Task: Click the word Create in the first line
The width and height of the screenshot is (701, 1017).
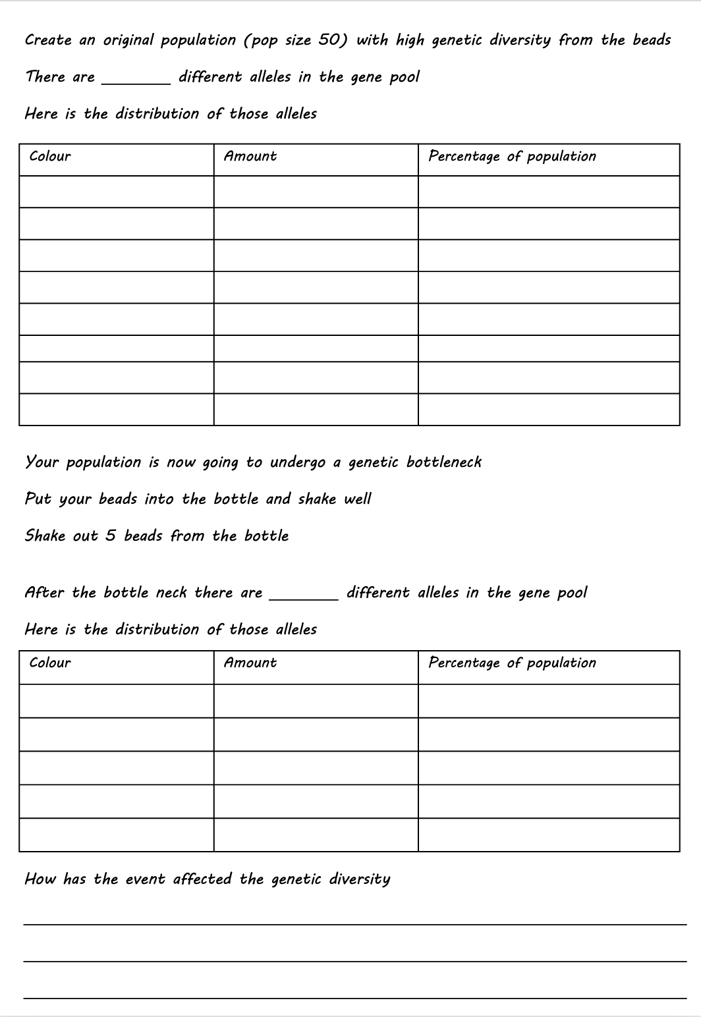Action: point(48,40)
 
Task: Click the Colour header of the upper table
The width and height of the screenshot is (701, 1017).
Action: point(50,156)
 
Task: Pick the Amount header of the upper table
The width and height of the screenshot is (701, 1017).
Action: point(250,156)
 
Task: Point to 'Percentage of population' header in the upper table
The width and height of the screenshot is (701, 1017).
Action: point(512,156)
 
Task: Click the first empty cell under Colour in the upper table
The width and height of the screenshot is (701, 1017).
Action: point(117,192)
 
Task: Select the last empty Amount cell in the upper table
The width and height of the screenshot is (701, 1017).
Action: point(316,410)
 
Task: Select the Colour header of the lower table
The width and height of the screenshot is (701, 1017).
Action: point(50,663)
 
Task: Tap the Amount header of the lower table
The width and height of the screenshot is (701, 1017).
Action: point(250,663)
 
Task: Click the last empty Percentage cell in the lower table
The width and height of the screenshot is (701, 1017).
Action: point(548,835)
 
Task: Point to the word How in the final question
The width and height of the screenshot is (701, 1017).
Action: point(40,879)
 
